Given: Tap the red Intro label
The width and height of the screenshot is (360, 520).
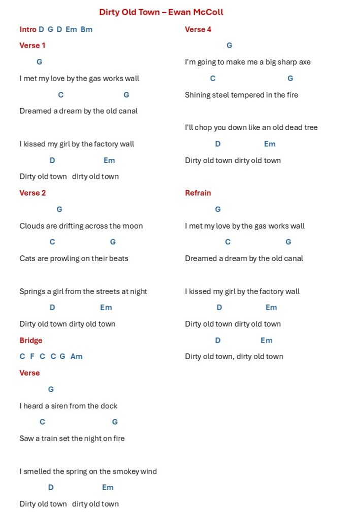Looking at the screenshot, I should pyautogui.click(x=28, y=29).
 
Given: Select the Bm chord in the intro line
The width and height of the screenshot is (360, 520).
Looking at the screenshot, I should pyautogui.click(x=86, y=29).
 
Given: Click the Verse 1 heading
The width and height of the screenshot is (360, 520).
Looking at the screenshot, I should pyautogui.click(x=32, y=46).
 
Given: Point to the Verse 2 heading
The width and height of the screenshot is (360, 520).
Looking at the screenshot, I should pyautogui.click(x=32, y=193).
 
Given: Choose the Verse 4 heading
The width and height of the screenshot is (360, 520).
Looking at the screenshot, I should pyautogui.click(x=198, y=29).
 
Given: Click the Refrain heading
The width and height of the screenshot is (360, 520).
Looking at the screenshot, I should pyautogui.click(x=198, y=193).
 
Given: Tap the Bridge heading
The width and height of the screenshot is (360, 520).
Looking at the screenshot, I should pyautogui.click(x=31, y=340).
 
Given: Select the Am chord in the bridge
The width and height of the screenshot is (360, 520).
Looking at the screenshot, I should pyautogui.click(x=76, y=356).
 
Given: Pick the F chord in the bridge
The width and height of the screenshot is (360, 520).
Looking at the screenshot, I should pyautogui.click(x=32, y=356).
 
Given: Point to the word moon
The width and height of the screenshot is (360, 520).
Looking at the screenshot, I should pyautogui.click(x=133, y=226).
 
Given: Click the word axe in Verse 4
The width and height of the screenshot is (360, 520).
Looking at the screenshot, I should pyautogui.click(x=304, y=62).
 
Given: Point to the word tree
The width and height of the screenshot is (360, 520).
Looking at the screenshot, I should pyautogui.click(x=310, y=127).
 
